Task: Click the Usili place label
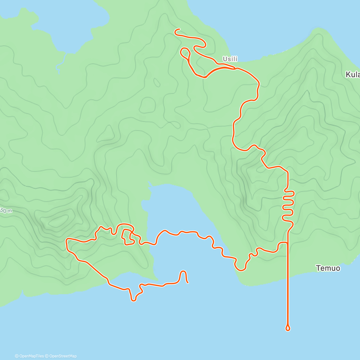(230, 59)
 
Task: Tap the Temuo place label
(328, 268)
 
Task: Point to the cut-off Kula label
(352, 75)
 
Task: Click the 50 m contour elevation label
(6, 211)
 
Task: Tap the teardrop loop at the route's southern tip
(288, 328)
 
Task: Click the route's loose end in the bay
(187, 282)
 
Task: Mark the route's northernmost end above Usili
(179, 29)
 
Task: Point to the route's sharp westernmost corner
(67, 240)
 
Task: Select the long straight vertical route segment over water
(288, 285)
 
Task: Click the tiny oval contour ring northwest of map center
(156, 82)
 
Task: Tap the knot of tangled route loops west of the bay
(127, 235)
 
